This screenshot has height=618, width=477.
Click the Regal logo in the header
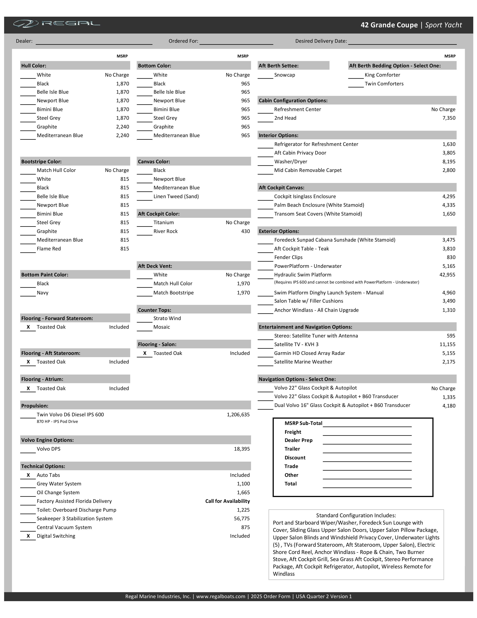pyautogui.click(x=56, y=24)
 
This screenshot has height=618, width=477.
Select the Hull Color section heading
pyautogui.click(x=34, y=66)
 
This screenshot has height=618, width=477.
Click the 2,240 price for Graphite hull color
pyautogui.click(x=122, y=127)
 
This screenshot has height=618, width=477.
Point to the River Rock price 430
pyautogui.click(x=245, y=231)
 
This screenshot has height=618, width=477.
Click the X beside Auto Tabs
pyautogui.click(x=28, y=475)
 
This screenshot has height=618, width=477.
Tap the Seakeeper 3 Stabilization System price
pyautogui.click(x=242, y=518)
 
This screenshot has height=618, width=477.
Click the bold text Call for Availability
pyautogui.click(x=227, y=501)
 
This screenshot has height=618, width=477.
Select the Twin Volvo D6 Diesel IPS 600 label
pyautogui.click(x=70, y=415)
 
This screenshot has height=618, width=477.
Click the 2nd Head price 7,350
pyautogui.click(x=449, y=118)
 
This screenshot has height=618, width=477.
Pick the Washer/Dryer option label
pyautogui.click(x=291, y=162)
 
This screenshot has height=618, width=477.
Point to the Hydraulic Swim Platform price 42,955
pyautogui.click(x=447, y=275)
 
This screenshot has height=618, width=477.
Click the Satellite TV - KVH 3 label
pyautogui.click(x=296, y=344)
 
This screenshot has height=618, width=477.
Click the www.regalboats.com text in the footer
pyautogui.click(x=221, y=596)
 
